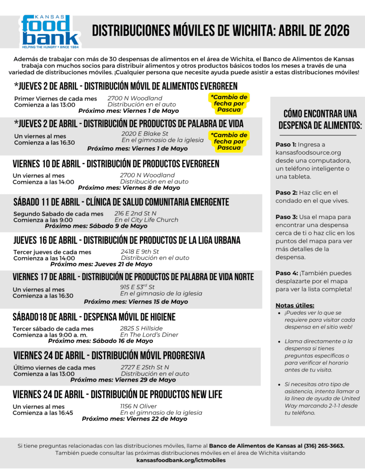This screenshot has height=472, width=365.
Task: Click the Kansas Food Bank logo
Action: coord(50,31)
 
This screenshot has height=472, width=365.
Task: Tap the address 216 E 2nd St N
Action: coord(135,213)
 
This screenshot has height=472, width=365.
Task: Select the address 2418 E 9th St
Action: coord(140,252)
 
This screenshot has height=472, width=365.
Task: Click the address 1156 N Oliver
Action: coord(138,406)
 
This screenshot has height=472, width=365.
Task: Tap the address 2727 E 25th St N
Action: coord(145,367)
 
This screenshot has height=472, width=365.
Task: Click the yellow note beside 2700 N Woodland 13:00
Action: coord(229,103)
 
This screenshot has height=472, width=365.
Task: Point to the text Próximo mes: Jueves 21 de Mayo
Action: coord(101,264)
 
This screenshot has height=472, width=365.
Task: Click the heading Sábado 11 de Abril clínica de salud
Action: coord(121,202)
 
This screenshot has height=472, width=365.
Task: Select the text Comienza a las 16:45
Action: coord(43,413)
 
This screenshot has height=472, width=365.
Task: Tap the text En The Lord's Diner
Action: coord(149,335)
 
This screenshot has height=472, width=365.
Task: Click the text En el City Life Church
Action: coord(146,220)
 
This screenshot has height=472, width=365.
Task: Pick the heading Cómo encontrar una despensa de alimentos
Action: coord(320,119)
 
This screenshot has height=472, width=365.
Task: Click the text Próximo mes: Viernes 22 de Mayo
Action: coord(134,419)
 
